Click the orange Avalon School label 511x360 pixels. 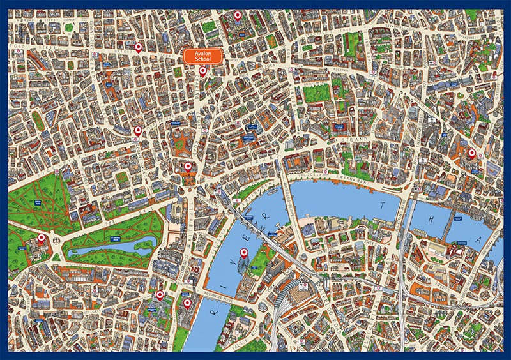pyautogui.click(x=202, y=56)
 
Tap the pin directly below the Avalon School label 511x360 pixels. pyautogui.click(x=203, y=71)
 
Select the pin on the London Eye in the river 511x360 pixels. pyautogui.click(x=243, y=255)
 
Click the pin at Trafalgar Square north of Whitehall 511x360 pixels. pyautogui.click(x=188, y=167)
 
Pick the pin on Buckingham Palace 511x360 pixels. pyautogui.click(x=42, y=239)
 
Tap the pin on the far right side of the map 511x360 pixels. pyautogui.click(x=472, y=153)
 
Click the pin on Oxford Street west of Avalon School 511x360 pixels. pyautogui.click(x=138, y=47)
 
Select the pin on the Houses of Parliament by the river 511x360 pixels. pyautogui.click(x=187, y=304)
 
